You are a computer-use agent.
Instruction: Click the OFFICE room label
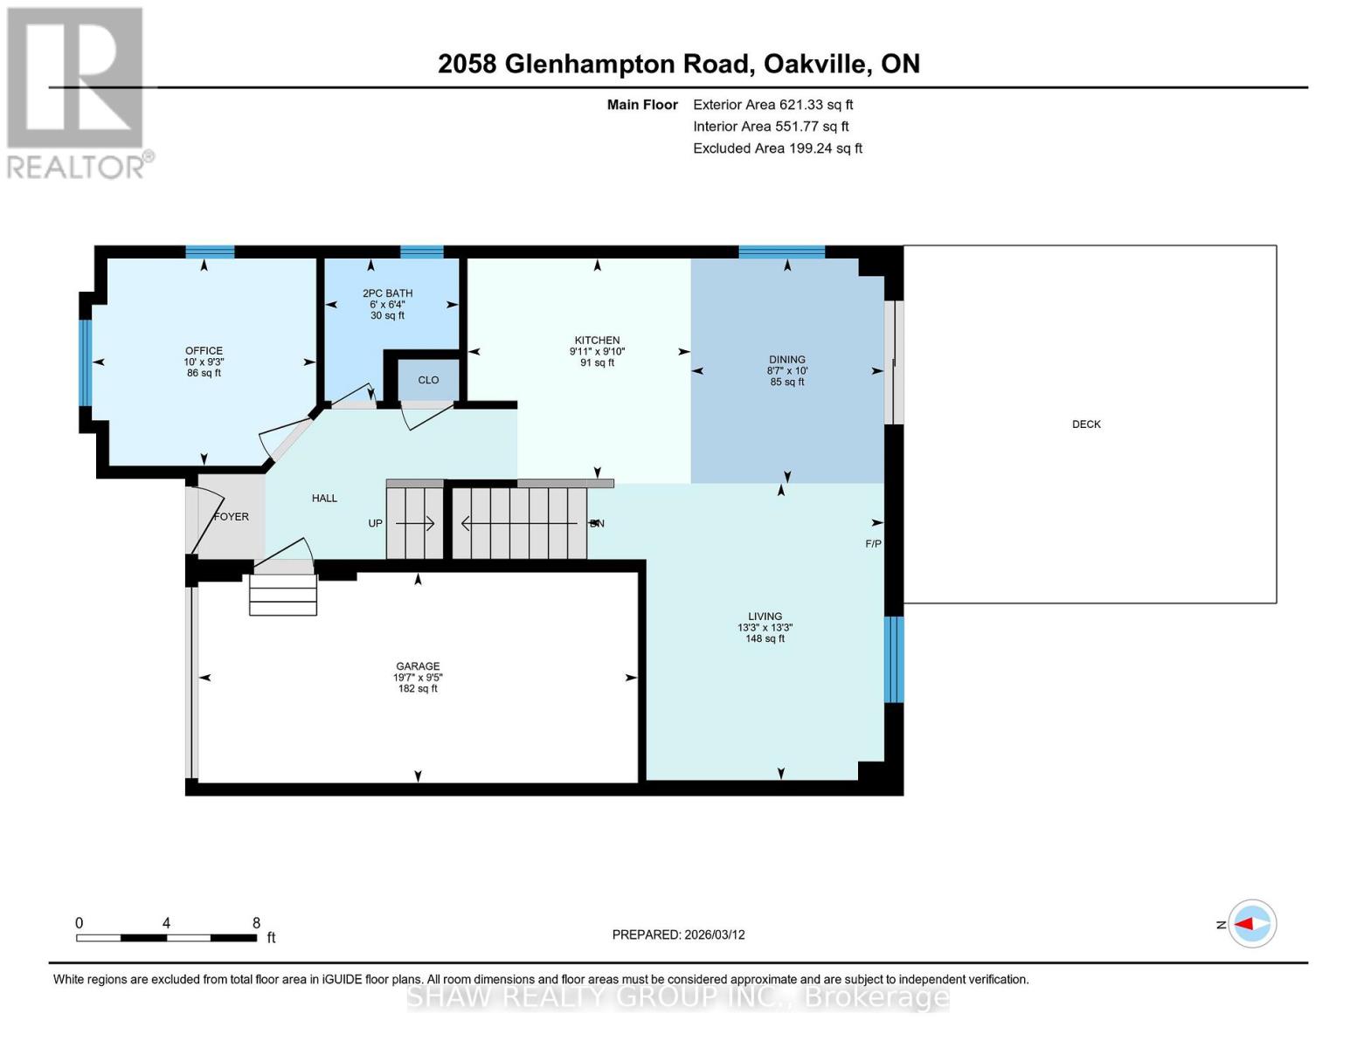click(x=204, y=350)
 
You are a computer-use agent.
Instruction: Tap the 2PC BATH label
click(x=387, y=293)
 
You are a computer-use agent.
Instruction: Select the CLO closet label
click(x=428, y=380)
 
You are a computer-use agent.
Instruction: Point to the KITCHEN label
click(x=597, y=341)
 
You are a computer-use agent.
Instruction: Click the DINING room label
click(x=787, y=359)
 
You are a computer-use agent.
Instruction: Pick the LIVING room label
click(x=765, y=616)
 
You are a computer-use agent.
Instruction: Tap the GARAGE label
click(x=418, y=665)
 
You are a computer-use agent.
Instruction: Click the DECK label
click(x=1086, y=424)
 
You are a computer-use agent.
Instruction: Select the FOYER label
click(x=232, y=517)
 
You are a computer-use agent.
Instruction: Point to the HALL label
click(x=324, y=498)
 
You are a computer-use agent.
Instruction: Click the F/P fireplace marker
click(x=873, y=544)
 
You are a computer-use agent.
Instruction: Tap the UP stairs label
click(x=376, y=524)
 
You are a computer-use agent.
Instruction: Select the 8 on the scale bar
click(x=256, y=923)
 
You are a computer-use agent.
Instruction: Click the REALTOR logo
click(x=79, y=92)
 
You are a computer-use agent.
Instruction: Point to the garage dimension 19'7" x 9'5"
click(x=418, y=677)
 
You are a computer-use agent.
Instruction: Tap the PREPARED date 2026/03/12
click(x=678, y=934)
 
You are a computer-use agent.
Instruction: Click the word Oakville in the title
click(x=815, y=64)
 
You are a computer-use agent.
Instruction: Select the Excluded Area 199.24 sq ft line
click(x=777, y=148)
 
